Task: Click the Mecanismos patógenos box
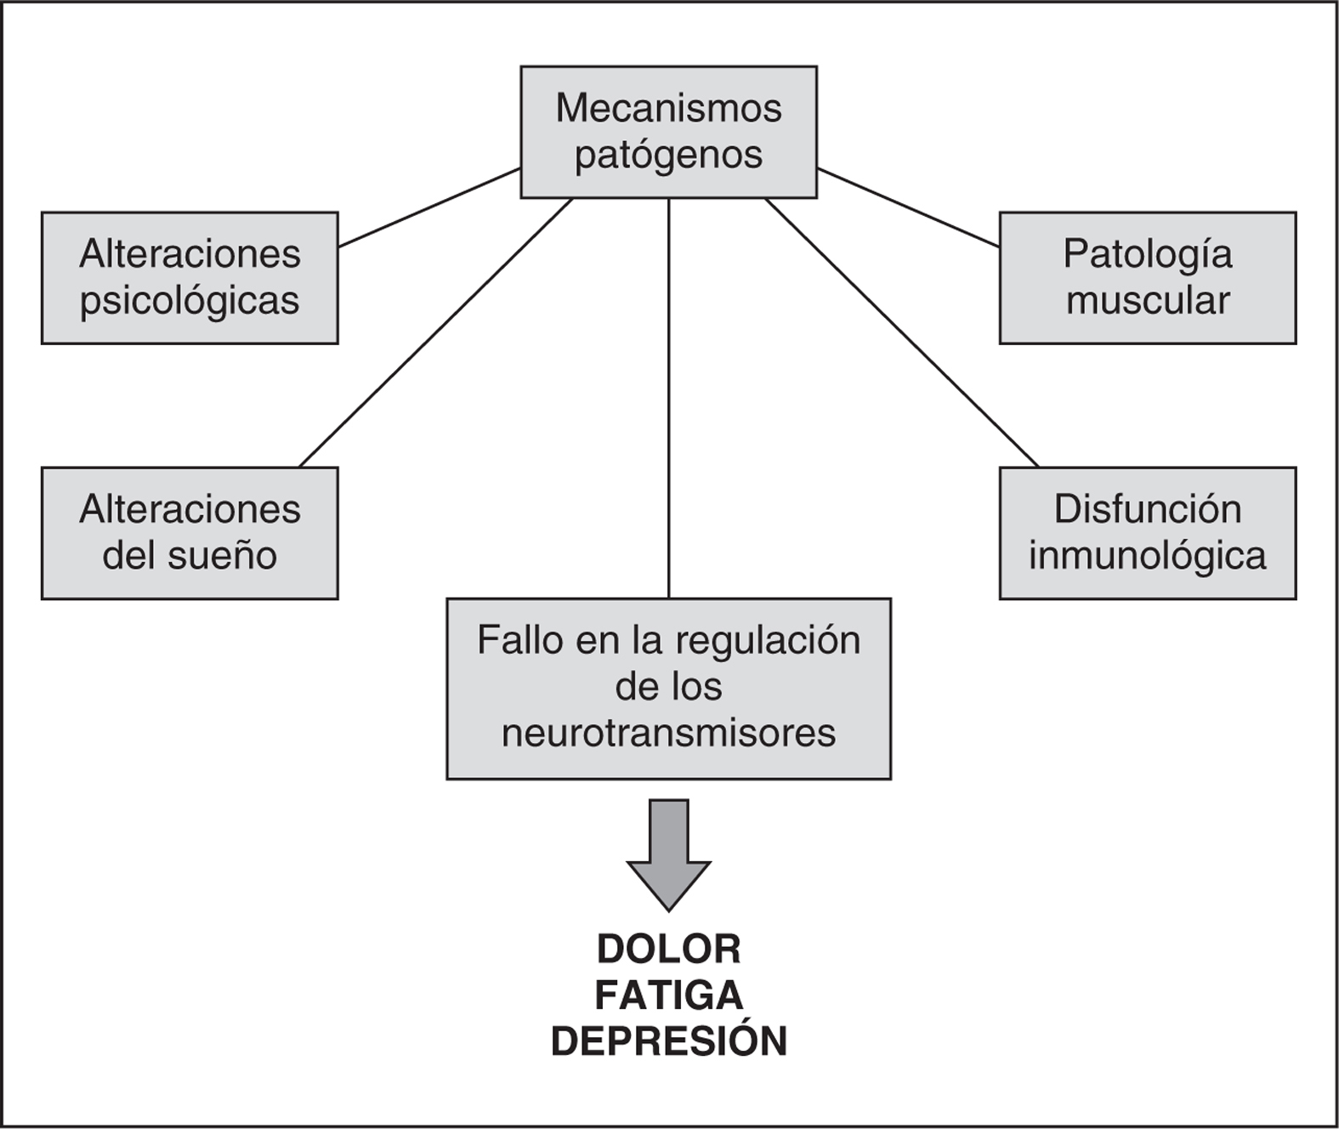(668, 132)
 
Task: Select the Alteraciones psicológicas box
(190, 277)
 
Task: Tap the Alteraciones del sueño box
(190, 533)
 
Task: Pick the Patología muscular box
(1147, 277)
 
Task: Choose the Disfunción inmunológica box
(1147, 533)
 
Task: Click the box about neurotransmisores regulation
(668, 688)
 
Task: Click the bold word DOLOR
(669, 949)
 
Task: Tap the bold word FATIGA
(669, 996)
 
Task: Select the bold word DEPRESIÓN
(669, 1041)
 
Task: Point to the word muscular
(1148, 300)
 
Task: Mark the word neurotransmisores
(669, 733)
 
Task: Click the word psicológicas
(190, 301)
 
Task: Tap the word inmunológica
(1147, 556)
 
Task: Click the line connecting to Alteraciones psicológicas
(429, 207)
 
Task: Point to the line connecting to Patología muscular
(908, 207)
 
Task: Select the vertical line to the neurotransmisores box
(669, 400)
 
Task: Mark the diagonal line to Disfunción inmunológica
(901, 332)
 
